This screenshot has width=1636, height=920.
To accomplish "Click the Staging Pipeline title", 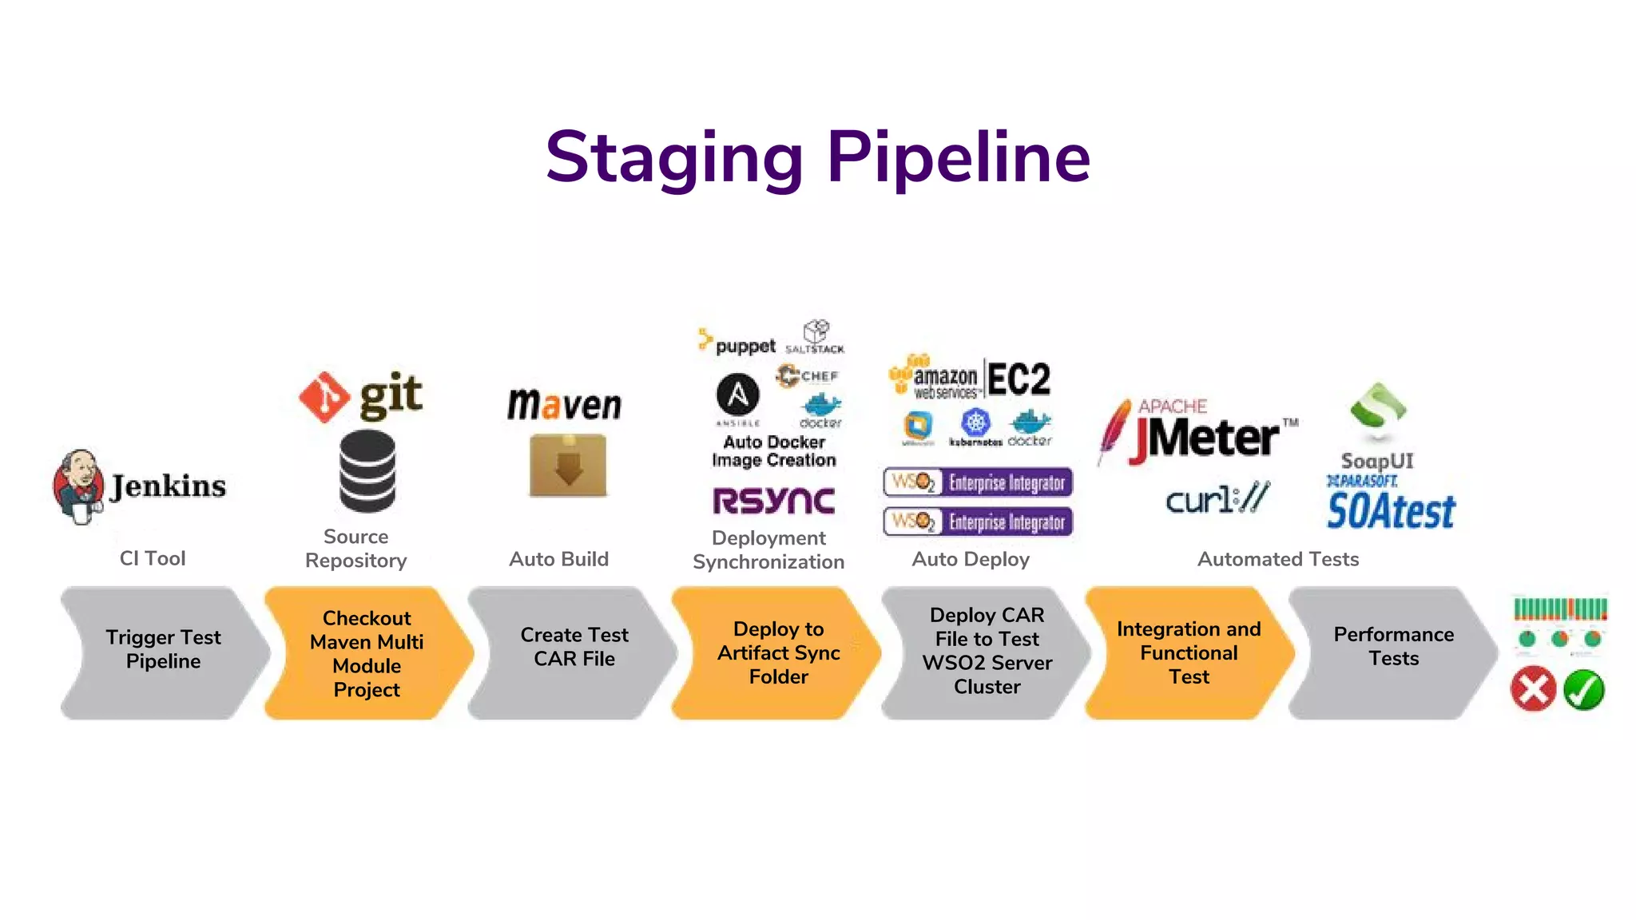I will pyautogui.click(x=817, y=157).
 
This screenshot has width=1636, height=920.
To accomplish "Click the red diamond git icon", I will pyautogui.click(x=324, y=397).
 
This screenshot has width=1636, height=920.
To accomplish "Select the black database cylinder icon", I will pyautogui.click(x=367, y=471).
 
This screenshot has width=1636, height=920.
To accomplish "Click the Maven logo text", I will pyautogui.click(x=564, y=405).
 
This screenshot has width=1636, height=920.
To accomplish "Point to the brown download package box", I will pyautogui.click(x=568, y=466).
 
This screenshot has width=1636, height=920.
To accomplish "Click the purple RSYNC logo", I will pyautogui.click(x=773, y=501).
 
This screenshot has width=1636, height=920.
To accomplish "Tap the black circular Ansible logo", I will pyautogui.click(x=737, y=394).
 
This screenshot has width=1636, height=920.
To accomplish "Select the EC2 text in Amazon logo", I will pyautogui.click(x=1019, y=379).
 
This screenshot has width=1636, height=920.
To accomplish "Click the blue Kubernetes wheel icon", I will pyautogui.click(x=975, y=422).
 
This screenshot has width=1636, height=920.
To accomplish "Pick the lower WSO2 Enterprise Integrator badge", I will pyautogui.click(x=978, y=522).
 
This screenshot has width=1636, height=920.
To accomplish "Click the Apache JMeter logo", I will pyautogui.click(x=1198, y=432).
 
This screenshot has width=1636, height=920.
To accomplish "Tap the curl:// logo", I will pyautogui.click(x=1216, y=499).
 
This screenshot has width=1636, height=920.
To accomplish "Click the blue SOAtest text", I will pyautogui.click(x=1391, y=511).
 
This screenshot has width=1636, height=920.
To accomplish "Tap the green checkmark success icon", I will pyautogui.click(x=1583, y=690).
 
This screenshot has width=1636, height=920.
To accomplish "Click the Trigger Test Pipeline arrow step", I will pyautogui.click(x=163, y=651).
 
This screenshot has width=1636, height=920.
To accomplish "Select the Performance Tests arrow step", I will pyautogui.click(x=1393, y=647).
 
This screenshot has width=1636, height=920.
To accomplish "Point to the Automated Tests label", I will pyautogui.click(x=1277, y=559).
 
